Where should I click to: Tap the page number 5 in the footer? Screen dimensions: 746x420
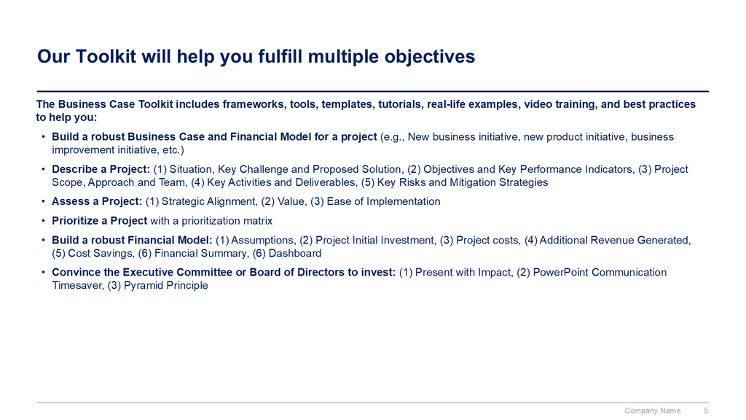click(706, 411)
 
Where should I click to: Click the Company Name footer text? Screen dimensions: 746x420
click(652, 411)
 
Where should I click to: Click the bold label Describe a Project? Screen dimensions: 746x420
click(101, 169)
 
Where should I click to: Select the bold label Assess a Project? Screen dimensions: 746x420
click(97, 201)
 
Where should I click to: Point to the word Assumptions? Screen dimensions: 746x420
click(263, 241)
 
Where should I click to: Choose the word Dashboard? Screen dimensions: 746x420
click(295, 253)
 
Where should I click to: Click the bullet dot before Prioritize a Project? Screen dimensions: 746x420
click(43, 221)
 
